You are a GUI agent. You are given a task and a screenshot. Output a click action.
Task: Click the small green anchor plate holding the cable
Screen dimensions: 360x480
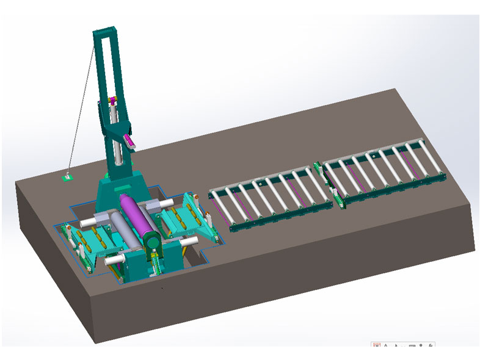68,178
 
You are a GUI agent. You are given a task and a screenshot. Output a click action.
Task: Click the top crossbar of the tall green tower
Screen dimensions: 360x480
104,32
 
